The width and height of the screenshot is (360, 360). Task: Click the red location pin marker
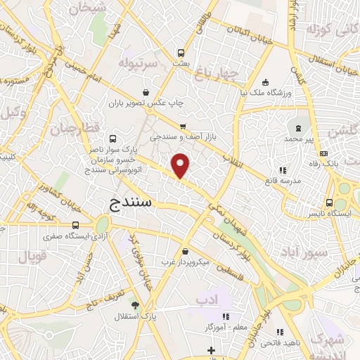(x=181, y=165)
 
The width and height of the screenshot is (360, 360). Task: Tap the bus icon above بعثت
(x=181, y=53)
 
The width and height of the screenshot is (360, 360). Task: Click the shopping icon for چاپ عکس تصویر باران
(x=146, y=92)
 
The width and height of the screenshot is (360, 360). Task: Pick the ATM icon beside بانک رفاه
(x=323, y=153)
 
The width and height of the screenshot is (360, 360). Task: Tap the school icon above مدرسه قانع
(x=282, y=169)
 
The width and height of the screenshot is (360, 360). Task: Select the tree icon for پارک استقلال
(x=135, y=304)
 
